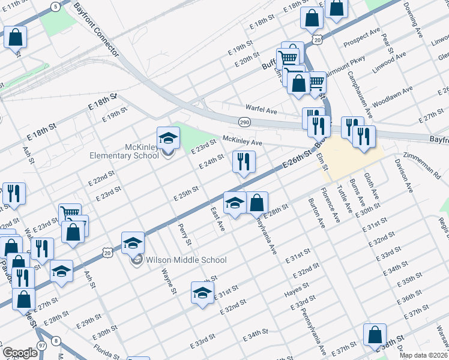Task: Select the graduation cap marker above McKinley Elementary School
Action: [x=169, y=139]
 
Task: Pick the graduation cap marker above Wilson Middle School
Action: [x=133, y=243]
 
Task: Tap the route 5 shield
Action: [x=55, y=7]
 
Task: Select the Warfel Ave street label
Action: [x=260, y=111]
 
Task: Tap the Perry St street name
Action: [x=184, y=235]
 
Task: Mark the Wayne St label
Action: [x=167, y=280]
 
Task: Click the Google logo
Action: [x=20, y=353]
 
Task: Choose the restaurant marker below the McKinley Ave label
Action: [x=244, y=162]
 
